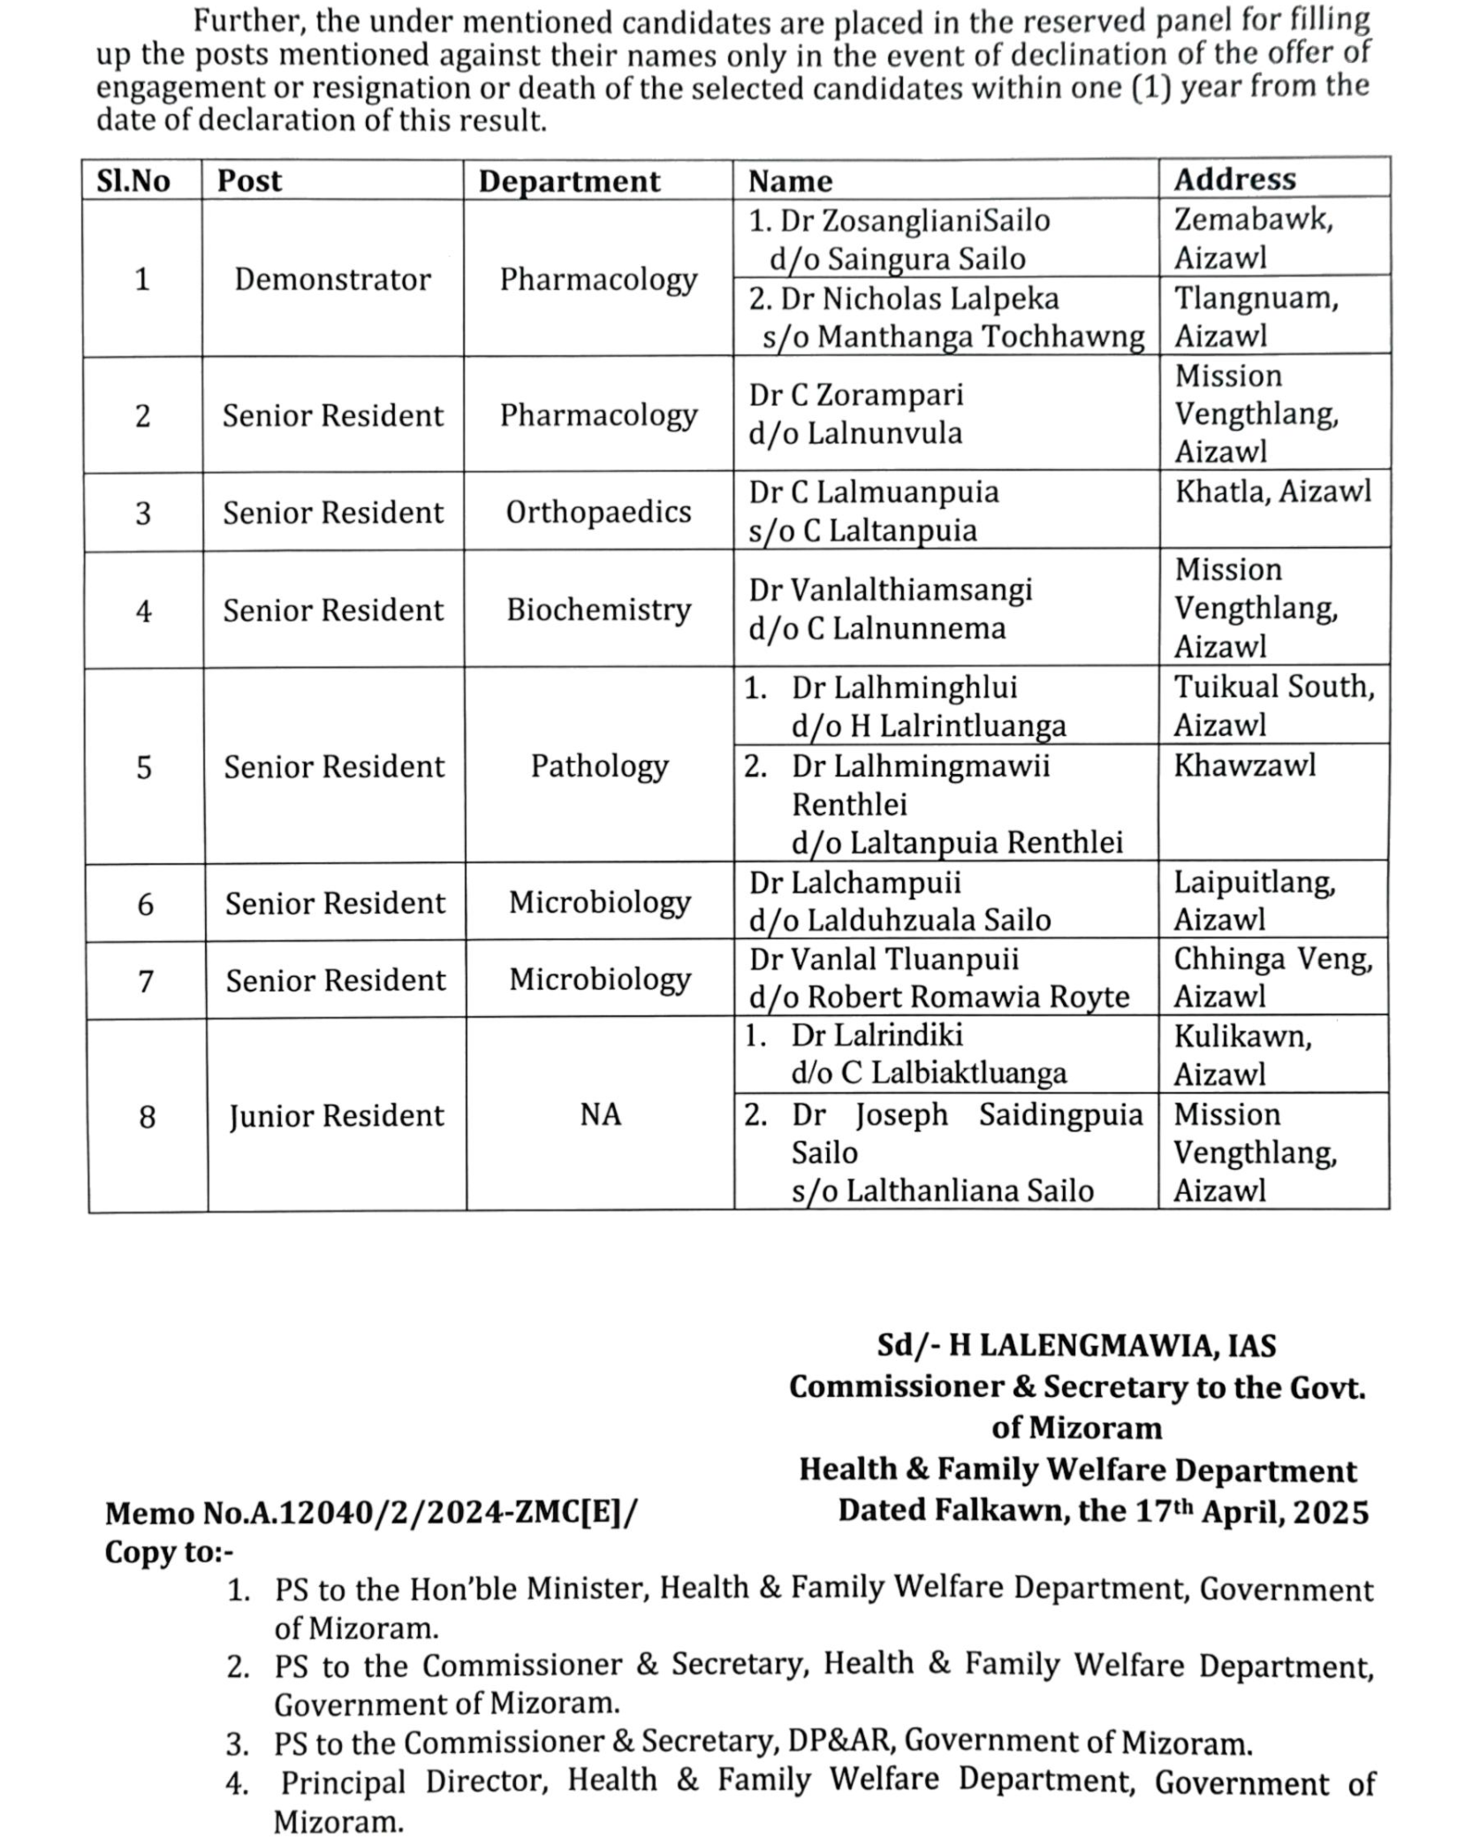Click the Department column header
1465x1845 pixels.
coord(569,181)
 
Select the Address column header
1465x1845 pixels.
coord(1234,179)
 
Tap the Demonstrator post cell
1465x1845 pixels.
coord(332,279)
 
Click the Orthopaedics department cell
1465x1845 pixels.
coord(598,512)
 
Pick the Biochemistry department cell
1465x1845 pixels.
coord(598,610)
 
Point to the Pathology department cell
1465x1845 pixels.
coord(599,766)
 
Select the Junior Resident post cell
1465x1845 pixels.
coord(336,1116)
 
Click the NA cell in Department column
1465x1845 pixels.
coord(600,1115)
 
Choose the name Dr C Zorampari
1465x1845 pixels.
coord(855,395)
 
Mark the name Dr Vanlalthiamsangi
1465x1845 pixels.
coord(891,589)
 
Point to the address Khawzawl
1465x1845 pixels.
coord(1244,765)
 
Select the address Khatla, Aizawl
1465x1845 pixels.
coord(1272,491)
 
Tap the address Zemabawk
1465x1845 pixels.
coord(1252,219)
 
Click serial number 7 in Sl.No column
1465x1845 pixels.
coord(146,981)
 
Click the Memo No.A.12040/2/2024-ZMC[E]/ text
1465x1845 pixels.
coord(370,1514)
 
